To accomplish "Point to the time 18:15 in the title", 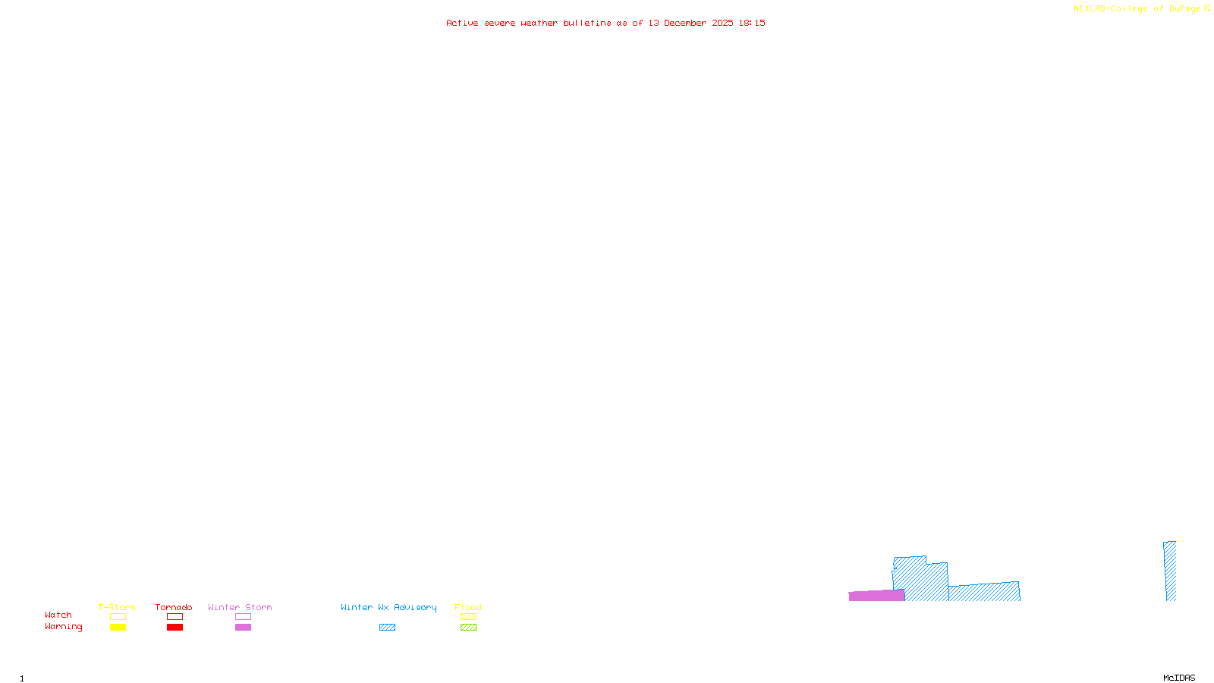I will [752, 24].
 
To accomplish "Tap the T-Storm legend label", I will [117, 608].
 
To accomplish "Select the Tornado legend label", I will [174, 608].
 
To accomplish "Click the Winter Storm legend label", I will [240, 608].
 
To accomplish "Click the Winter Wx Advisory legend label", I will [388, 608].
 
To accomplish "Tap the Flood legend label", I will [468, 608].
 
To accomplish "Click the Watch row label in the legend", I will [58, 615].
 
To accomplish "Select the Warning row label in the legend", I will [64, 627].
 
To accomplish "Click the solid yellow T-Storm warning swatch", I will [118, 628].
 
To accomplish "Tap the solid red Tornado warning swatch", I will [175, 628].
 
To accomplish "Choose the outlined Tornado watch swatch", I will [175, 617].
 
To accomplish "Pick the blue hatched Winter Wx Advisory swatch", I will [387, 628].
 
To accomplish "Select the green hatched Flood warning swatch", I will [468, 628].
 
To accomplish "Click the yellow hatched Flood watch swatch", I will [468, 617].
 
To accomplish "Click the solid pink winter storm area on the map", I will [876, 596].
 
